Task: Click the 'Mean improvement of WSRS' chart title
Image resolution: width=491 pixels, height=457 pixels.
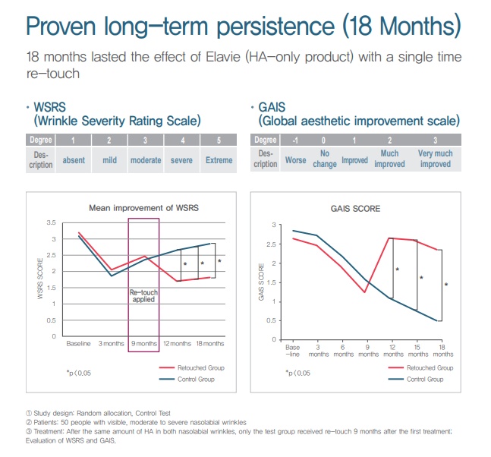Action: [143, 208]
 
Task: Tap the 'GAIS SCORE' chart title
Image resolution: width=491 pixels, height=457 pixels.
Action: [355, 209]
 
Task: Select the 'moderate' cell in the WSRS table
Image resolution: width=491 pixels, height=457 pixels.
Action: [146, 160]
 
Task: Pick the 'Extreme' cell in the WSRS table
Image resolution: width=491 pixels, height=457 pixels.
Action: [219, 160]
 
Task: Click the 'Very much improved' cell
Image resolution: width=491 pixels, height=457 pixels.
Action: [436, 159]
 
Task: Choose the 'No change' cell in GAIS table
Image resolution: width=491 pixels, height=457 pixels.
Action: [325, 159]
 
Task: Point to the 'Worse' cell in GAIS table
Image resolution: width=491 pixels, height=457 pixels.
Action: [296, 160]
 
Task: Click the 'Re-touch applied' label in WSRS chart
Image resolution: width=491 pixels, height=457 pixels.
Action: [143, 296]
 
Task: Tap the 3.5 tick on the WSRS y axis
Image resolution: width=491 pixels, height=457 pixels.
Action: [51, 222]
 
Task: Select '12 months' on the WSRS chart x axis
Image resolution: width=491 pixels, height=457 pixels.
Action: [178, 344]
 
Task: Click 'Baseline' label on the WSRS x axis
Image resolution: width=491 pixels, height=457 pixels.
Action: [78, 344]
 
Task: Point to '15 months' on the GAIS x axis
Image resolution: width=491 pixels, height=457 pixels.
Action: [418, 351]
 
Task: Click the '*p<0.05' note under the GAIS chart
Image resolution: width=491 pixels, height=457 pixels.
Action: [297, 373]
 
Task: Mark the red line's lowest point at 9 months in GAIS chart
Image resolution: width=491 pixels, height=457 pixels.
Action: [364, 292]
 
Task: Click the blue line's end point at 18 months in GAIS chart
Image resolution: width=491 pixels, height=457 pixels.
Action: [437, 321]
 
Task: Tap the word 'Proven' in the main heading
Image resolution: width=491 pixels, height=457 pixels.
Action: [61, 26]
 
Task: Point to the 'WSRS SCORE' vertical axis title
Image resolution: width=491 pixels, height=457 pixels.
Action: [40, 279]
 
